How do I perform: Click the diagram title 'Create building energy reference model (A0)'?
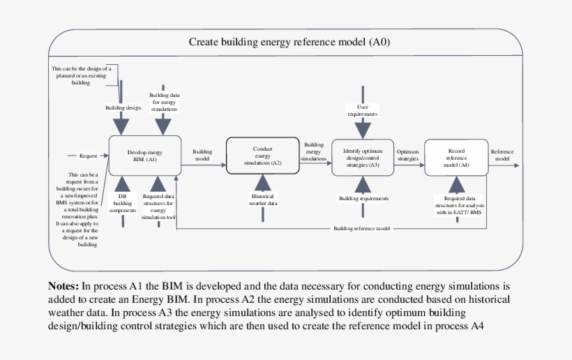[289, 42]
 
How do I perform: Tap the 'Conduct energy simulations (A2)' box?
[262, 155]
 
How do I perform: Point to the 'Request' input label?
[88, 156]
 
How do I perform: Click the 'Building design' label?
[123, 107]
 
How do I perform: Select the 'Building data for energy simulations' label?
[163, 101]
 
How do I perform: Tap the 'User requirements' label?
[362, 110]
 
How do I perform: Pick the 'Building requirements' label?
[363, 198]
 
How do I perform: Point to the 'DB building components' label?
[123, 202]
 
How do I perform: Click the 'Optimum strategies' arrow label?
[408, 155]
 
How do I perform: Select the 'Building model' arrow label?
[202, 154]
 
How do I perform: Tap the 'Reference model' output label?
[502, 155]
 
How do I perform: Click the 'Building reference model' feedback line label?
[362, 228]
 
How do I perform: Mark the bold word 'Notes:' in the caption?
[63, 286]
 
